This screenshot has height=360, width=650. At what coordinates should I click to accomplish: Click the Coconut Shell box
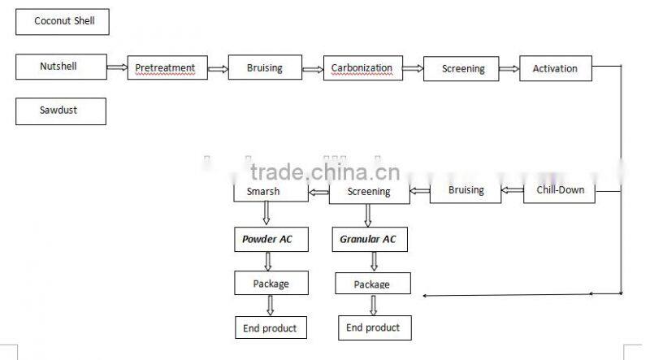[63, 21]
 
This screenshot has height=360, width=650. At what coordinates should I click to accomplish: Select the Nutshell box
[59, 67]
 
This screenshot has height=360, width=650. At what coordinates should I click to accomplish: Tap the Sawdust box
[60, 111]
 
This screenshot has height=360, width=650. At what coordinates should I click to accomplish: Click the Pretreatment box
[167, 68]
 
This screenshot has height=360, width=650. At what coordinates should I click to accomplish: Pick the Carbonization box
[362, 68]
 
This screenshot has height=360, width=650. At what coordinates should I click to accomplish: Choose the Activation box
[555, 68]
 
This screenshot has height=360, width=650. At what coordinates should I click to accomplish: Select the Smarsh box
[270, 192]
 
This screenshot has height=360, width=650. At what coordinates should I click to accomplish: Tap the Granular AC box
[370, 239]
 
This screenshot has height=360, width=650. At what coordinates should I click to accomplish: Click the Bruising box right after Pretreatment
[264, 68]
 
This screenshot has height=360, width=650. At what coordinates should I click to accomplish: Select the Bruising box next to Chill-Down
[466, 191]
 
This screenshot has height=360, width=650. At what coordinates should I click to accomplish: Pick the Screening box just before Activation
[462, 69]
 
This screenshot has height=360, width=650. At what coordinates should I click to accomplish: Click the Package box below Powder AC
[271, 284]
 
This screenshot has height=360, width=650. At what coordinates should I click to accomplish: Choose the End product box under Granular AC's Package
[373, 327]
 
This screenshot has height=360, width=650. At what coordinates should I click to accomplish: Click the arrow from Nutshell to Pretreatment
[116, 67]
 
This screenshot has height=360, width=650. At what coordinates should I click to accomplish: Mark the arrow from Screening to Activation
[509, 69]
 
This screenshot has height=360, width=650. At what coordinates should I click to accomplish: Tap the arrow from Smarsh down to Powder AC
[266, 214]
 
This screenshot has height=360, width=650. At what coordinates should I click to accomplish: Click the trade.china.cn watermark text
[325, 171]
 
